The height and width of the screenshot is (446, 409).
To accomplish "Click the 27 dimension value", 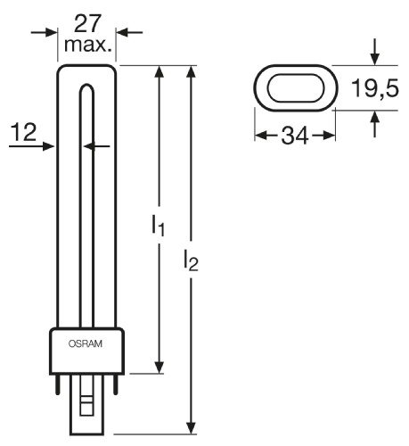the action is click(88, 24).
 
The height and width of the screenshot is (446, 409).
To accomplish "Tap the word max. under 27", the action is click(88, 45).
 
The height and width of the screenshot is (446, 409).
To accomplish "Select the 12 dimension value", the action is click(23, 132).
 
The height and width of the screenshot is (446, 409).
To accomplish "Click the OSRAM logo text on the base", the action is click(86, 343).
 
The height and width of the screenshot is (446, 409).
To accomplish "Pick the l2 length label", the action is click(191, 260).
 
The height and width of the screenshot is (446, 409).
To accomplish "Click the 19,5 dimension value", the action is click(375, 88).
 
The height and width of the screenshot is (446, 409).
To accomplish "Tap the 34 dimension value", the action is click(295, 136).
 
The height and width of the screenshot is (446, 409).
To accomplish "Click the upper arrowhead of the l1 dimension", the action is click(160, 72).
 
